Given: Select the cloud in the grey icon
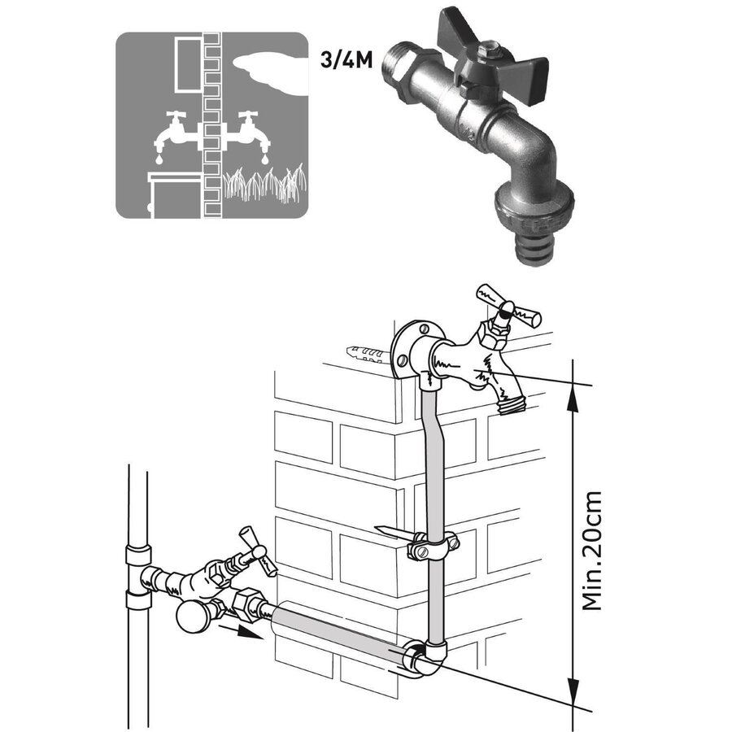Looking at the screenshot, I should tap(268, 64).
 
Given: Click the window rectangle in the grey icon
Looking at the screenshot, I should tap(189, 62).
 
